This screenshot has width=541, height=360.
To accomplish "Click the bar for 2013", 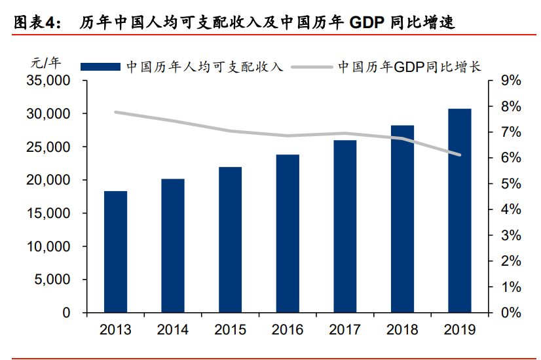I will click(x=115, y=252).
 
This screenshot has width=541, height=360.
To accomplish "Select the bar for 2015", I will click(x=230, y=240).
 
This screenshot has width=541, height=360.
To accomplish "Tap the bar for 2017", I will click(x=345, y=226).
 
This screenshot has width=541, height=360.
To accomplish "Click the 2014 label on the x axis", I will click(x=173, y=329).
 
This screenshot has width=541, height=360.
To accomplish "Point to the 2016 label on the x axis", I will click(x=288, y=329).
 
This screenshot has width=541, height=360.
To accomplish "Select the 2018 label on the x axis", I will click(x=402, y=329).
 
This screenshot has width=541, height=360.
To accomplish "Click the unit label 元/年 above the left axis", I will click(x=45, y=63).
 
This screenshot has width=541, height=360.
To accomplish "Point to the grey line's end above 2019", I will click(x=459, y=155).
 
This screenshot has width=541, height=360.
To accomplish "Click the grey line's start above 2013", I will click(x=115, y=112).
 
